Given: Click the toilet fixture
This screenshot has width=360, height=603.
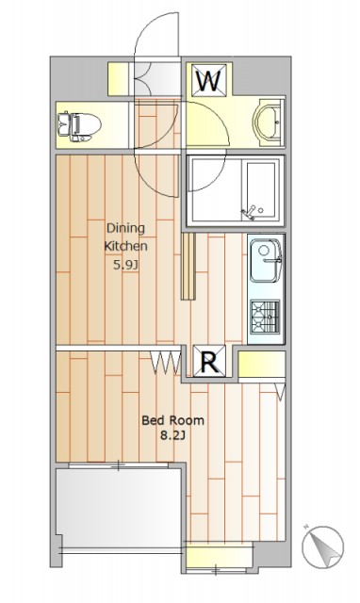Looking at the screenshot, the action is pos(79,125).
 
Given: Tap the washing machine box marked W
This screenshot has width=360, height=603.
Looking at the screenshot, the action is pos(209,79).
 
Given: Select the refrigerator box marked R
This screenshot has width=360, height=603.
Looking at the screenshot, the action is pos(209,360).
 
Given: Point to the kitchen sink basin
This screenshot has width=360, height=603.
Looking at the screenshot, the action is pos(266,260).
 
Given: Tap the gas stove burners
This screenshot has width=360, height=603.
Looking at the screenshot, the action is pos(266,317).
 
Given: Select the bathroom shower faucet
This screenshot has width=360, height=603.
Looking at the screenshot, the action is pos(249,213).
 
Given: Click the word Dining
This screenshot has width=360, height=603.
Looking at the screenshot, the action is pos(125,228).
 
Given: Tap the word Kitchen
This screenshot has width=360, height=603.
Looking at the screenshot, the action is pos(125,246).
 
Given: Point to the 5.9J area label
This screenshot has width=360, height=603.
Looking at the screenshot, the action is pos(125,265).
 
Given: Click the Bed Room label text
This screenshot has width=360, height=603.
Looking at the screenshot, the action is pos(172,420).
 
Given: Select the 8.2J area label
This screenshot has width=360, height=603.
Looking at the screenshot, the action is pos(172,435).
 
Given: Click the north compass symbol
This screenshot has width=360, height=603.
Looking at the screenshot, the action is pos(322,546).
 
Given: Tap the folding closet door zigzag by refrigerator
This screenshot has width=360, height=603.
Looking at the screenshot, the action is pos(165,363).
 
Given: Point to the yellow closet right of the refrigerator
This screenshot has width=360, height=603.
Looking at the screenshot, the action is pos(262,365).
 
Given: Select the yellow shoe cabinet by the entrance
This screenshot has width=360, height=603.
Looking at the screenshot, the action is pos(118,79).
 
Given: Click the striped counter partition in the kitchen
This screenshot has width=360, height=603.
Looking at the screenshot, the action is pos(188,266).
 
